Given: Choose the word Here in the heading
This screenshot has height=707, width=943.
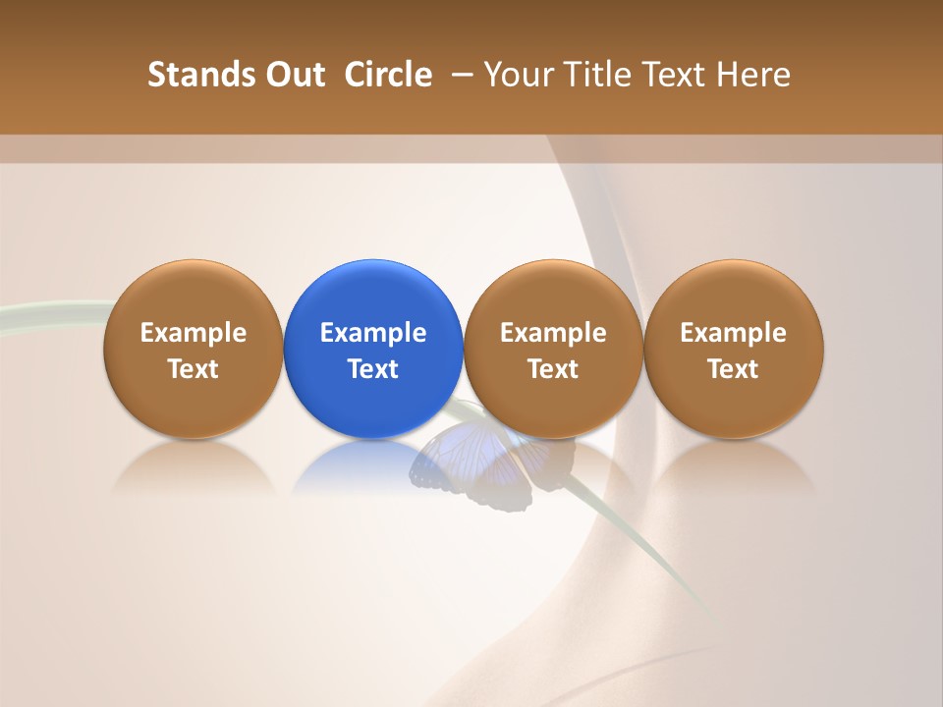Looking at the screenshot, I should [x=753, y=75].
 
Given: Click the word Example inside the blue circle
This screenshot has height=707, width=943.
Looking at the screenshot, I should [x=373, y=333].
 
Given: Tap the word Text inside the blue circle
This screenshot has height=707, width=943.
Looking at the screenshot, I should [x=373, y=369].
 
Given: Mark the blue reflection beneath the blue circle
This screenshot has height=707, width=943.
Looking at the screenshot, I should [x=373, y=467].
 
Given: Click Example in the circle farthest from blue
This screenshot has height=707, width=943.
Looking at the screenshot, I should [x=734, y=333].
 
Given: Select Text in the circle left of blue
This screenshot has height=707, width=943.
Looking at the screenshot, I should [x=194, y=369].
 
